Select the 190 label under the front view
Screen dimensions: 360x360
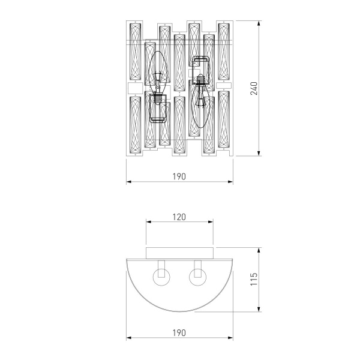(179, 176)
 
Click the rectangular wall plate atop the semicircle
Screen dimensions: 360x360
(179, 251)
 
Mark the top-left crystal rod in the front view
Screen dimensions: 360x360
(134, 53)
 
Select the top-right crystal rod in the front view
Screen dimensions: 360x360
(224, 53)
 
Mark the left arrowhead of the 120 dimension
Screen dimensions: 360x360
(148, 223)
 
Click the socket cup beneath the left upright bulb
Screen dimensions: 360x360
(158, 108)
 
